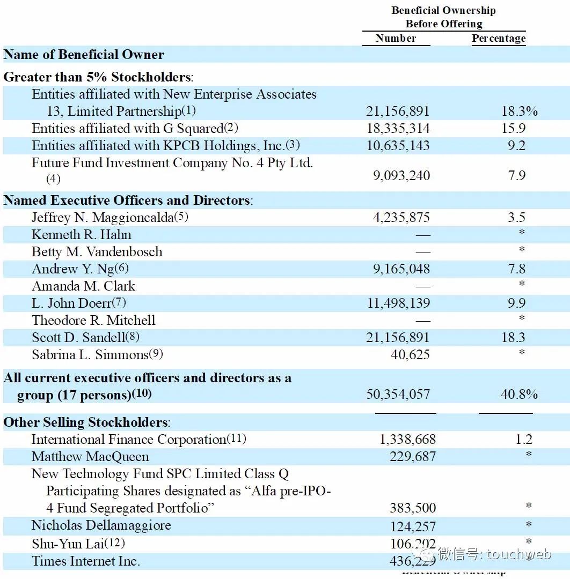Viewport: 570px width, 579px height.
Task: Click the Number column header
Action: click(x=396, y=38)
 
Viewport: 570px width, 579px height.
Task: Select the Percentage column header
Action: click(x=499, y=38)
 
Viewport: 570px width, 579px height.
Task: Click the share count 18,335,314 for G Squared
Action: click(x=398, y=129)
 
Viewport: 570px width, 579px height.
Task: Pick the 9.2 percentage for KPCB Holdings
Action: click(x=516, y=146)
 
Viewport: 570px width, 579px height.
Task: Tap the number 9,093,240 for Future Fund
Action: click(x=401, y=176)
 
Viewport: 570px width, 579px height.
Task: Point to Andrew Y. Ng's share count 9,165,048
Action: click(x=401, y=269)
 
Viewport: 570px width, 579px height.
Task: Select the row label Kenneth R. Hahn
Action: click(x=82, y=235)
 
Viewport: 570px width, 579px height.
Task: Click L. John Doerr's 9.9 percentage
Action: click(x=516, y=303)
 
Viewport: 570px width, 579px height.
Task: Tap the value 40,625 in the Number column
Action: click(x=410, y=355)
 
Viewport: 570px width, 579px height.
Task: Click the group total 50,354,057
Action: click(x=398, y=395)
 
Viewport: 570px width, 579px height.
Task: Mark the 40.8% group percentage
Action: click(x=519, y=395)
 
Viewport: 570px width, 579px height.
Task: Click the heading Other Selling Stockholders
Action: click(x=86, y=422)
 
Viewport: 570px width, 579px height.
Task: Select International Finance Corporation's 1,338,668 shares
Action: click(x=407, y=440)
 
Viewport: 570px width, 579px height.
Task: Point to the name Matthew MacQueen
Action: click(x=90, y=457)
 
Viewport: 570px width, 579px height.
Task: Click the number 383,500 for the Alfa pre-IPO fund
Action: click(x=413, y=508)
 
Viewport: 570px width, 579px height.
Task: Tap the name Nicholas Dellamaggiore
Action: click(x=101, y=525)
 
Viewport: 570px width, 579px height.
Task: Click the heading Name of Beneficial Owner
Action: click(x=84, y=55)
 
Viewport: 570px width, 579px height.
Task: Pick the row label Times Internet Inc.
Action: click(x=86, y=561)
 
